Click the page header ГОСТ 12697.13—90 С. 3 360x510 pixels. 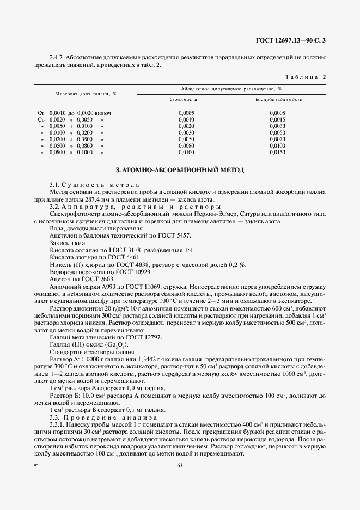(x=294, y=40)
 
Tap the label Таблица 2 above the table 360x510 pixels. (x=306, y=77)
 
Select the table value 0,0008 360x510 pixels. (x=278, y=113)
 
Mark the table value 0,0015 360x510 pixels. (x=278, y=119)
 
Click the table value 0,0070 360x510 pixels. (x=278, y=139)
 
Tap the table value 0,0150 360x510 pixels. (x=278, y=153)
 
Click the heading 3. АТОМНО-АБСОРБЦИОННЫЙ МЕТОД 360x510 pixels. (x=180, y=170)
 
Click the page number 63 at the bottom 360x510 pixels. (x=180, y=465)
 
